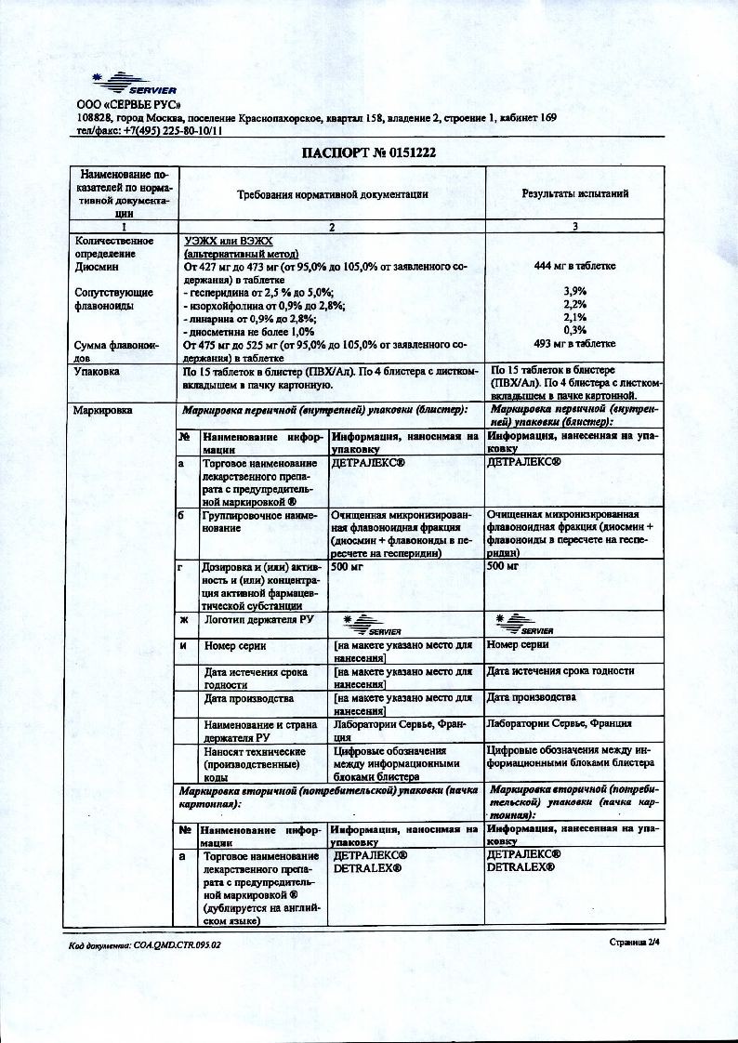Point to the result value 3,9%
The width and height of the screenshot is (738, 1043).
(574, 291)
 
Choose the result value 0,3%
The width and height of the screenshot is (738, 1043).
(574, 330)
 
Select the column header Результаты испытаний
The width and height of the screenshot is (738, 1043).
(574, 194)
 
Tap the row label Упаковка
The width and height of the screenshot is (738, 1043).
(97, 371)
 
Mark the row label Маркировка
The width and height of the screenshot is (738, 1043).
(102, 409)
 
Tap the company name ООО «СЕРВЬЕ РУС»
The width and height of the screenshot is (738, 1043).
(128, 104)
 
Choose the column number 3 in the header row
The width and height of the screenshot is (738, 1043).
(574, 226)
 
